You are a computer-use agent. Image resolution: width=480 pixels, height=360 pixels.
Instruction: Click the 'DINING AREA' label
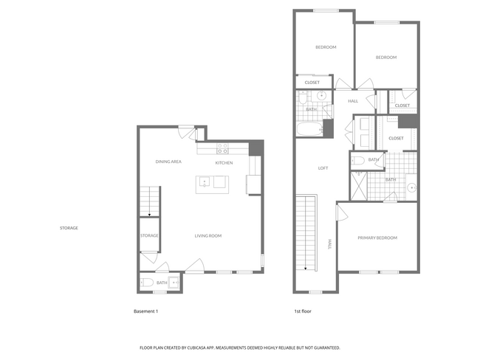pyautogui.click(x=168, y=162)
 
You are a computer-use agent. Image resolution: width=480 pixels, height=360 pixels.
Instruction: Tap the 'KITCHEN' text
pyautogui.click(x=224, y=162)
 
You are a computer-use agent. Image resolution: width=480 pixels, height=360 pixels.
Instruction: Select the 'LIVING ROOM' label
pyautogui.click(x=208, y=236)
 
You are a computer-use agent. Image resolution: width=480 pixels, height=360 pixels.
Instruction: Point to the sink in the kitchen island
pyautogui.click(x=205, y=181)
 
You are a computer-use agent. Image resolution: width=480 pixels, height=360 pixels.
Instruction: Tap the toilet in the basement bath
pyautogui.click(x=147, y=282)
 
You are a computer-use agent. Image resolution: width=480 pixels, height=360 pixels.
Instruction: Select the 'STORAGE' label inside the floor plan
pyautogui.click(x=149, y=235)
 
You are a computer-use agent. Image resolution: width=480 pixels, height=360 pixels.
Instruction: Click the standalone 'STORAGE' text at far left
pyautogui.click(x=69, y=228)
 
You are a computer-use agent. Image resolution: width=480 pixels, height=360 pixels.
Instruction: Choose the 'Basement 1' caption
pyautogui.click(x=145, y=311)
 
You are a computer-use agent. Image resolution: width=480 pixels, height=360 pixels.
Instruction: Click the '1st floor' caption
pyautogui.click(x=302, y=311)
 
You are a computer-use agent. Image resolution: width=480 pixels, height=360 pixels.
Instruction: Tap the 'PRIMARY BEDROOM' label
pyautogui.click(x=377, y=238)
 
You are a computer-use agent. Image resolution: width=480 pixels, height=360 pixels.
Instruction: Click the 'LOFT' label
pyautogui.click(x=323, y=168)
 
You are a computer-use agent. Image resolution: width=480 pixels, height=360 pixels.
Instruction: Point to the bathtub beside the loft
pyautogui.click(x=309, y=130)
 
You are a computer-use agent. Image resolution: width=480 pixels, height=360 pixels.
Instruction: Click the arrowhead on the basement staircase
pyautogui.click(x=150, y=215)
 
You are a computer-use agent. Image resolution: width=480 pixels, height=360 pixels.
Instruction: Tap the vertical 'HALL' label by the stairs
pyautogui.click(x=329, y=243)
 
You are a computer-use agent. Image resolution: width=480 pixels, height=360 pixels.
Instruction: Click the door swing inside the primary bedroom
pyautogui.click(x=342, y=212)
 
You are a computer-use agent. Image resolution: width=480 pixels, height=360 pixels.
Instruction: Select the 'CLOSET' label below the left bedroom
pyautogui.click(x=312, y=83)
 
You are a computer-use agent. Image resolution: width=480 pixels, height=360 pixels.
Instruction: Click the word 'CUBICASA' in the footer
pyautogui.click(x=213, y=347)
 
